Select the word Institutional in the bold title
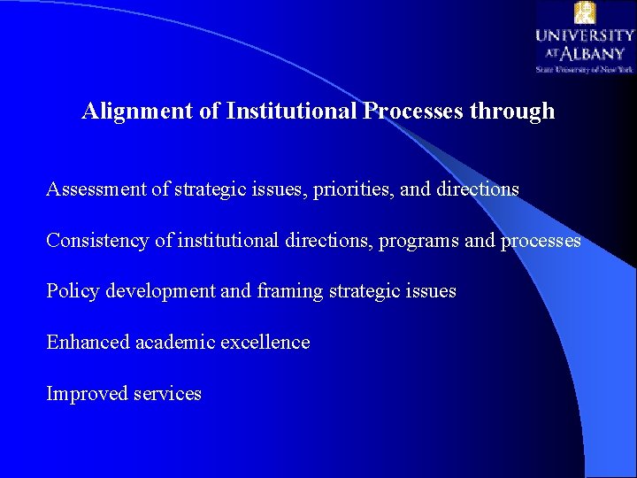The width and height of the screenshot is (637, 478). coord(291,112)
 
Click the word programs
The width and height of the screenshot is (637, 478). coord(418,241)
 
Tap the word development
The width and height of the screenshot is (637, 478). coord(161,291)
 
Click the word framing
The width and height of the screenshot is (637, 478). coord(288,291)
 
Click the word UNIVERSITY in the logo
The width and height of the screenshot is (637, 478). coord(584,36)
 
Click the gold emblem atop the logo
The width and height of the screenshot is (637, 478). coord(585,12)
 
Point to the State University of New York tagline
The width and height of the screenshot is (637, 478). coord(584,68)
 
